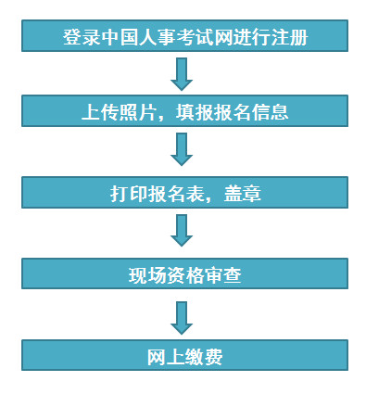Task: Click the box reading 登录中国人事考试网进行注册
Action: tap(184, 36)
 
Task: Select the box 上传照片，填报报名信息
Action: tap(184, 112)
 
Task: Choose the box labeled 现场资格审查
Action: tap(184, 274)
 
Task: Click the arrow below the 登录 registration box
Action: tap(183, 73)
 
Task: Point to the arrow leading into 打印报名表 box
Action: tap(183, 150)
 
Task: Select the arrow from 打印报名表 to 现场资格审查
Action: tap(183, 232)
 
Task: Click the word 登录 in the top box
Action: tap(78, 38)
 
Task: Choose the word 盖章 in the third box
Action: tap(245, 194)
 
